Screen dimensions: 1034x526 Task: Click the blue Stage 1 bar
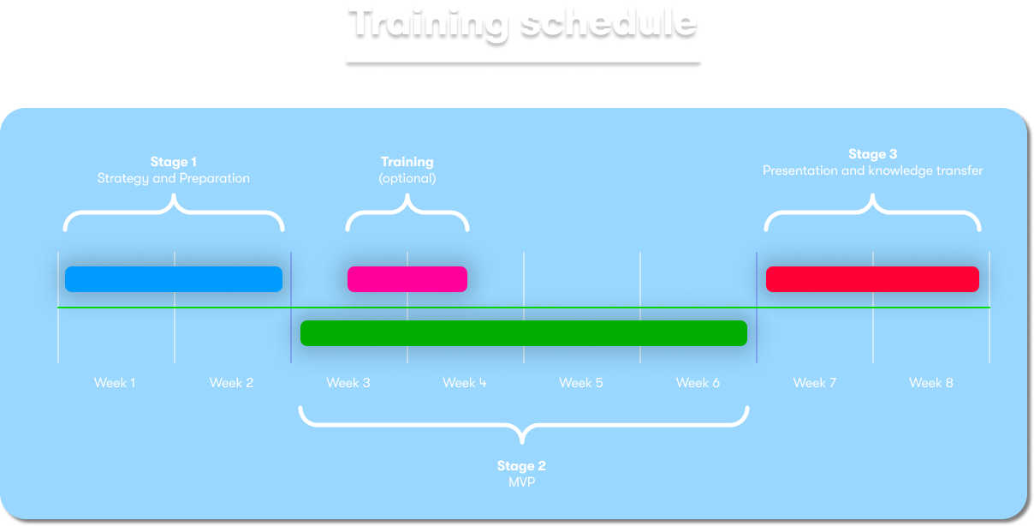[x=174, y=279]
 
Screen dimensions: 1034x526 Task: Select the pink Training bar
[x=407, y=279]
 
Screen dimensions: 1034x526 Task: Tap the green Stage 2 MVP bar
[x=524, y=333]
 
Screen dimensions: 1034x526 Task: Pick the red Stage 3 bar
[x=872, y=279]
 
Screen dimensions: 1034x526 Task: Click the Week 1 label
[x=115, y=383]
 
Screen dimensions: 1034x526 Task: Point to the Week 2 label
[x=231, y=383]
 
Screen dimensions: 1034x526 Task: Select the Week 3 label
[x=348, y=383]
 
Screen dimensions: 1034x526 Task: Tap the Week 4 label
[x=465, y=383]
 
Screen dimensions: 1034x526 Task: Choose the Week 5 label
[x=580, y=383]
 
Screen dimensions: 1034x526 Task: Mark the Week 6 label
[x=698, y=383]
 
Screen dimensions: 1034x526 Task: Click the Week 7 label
[x=814, y=383]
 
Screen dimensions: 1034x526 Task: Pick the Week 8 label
[x=930, y=383]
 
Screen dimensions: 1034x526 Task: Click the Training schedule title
[x=523, y=24]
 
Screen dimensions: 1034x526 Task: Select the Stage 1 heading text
[x=174, y=162]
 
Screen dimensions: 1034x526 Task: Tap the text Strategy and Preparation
[x=174, y=178]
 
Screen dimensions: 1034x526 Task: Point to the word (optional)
[x=407, y=178]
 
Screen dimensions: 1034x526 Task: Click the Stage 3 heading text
[x=872, y=154]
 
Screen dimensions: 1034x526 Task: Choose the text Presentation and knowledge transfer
[x=872, y=170]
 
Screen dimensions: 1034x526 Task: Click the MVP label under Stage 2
[x=521, y=482]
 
